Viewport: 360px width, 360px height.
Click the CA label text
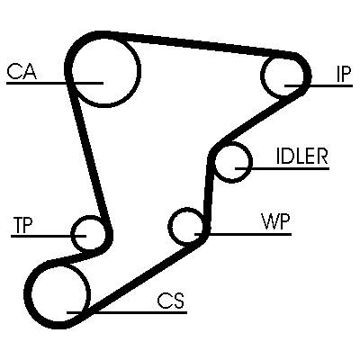coord(22,71)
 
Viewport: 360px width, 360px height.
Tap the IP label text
coord(343,74)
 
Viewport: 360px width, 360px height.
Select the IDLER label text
coord(301,156)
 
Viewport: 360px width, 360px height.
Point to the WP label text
coord(275,221)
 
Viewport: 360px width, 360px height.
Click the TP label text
coord(22,225)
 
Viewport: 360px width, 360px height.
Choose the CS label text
coord(171,301)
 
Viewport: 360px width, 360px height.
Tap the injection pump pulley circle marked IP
coord(262,76)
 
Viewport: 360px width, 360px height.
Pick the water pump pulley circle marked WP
coord(170,226)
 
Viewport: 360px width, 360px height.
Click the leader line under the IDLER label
coord(283,169)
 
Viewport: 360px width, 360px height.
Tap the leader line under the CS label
coord(127,312)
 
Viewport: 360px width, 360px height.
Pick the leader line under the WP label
coord(243,234)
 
